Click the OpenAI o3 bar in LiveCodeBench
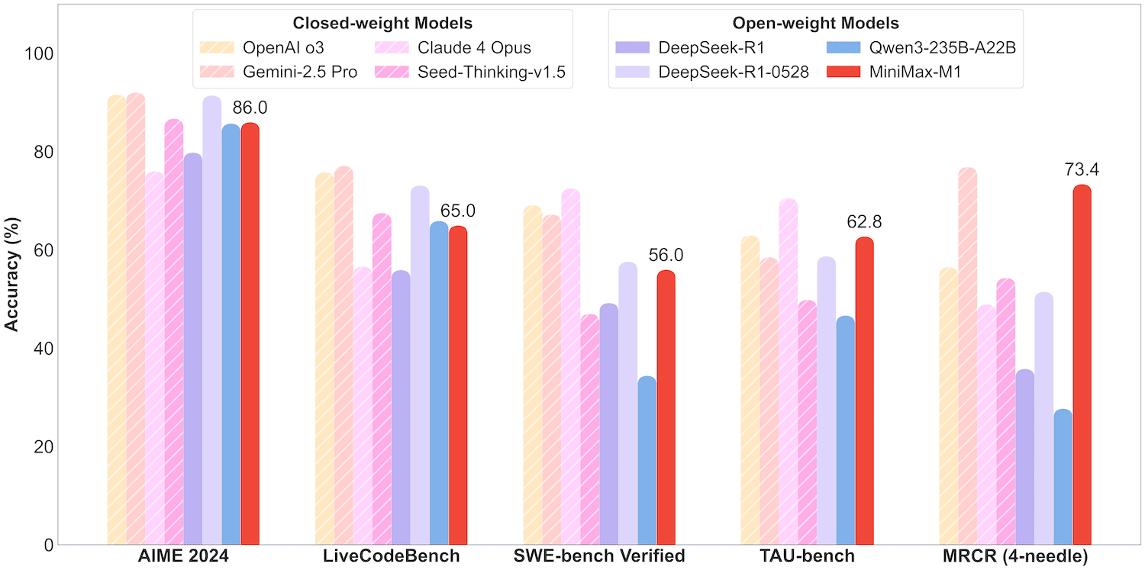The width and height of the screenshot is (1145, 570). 324,359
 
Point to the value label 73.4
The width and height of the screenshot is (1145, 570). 1082,169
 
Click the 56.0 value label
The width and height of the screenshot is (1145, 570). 666,256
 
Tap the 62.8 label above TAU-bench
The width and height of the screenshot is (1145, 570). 864,222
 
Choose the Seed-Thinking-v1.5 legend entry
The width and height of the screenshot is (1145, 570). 473,72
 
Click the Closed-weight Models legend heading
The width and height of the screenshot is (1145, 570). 382,23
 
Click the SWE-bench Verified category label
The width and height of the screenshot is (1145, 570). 598,556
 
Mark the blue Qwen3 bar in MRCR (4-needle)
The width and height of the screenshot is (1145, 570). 1063,477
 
